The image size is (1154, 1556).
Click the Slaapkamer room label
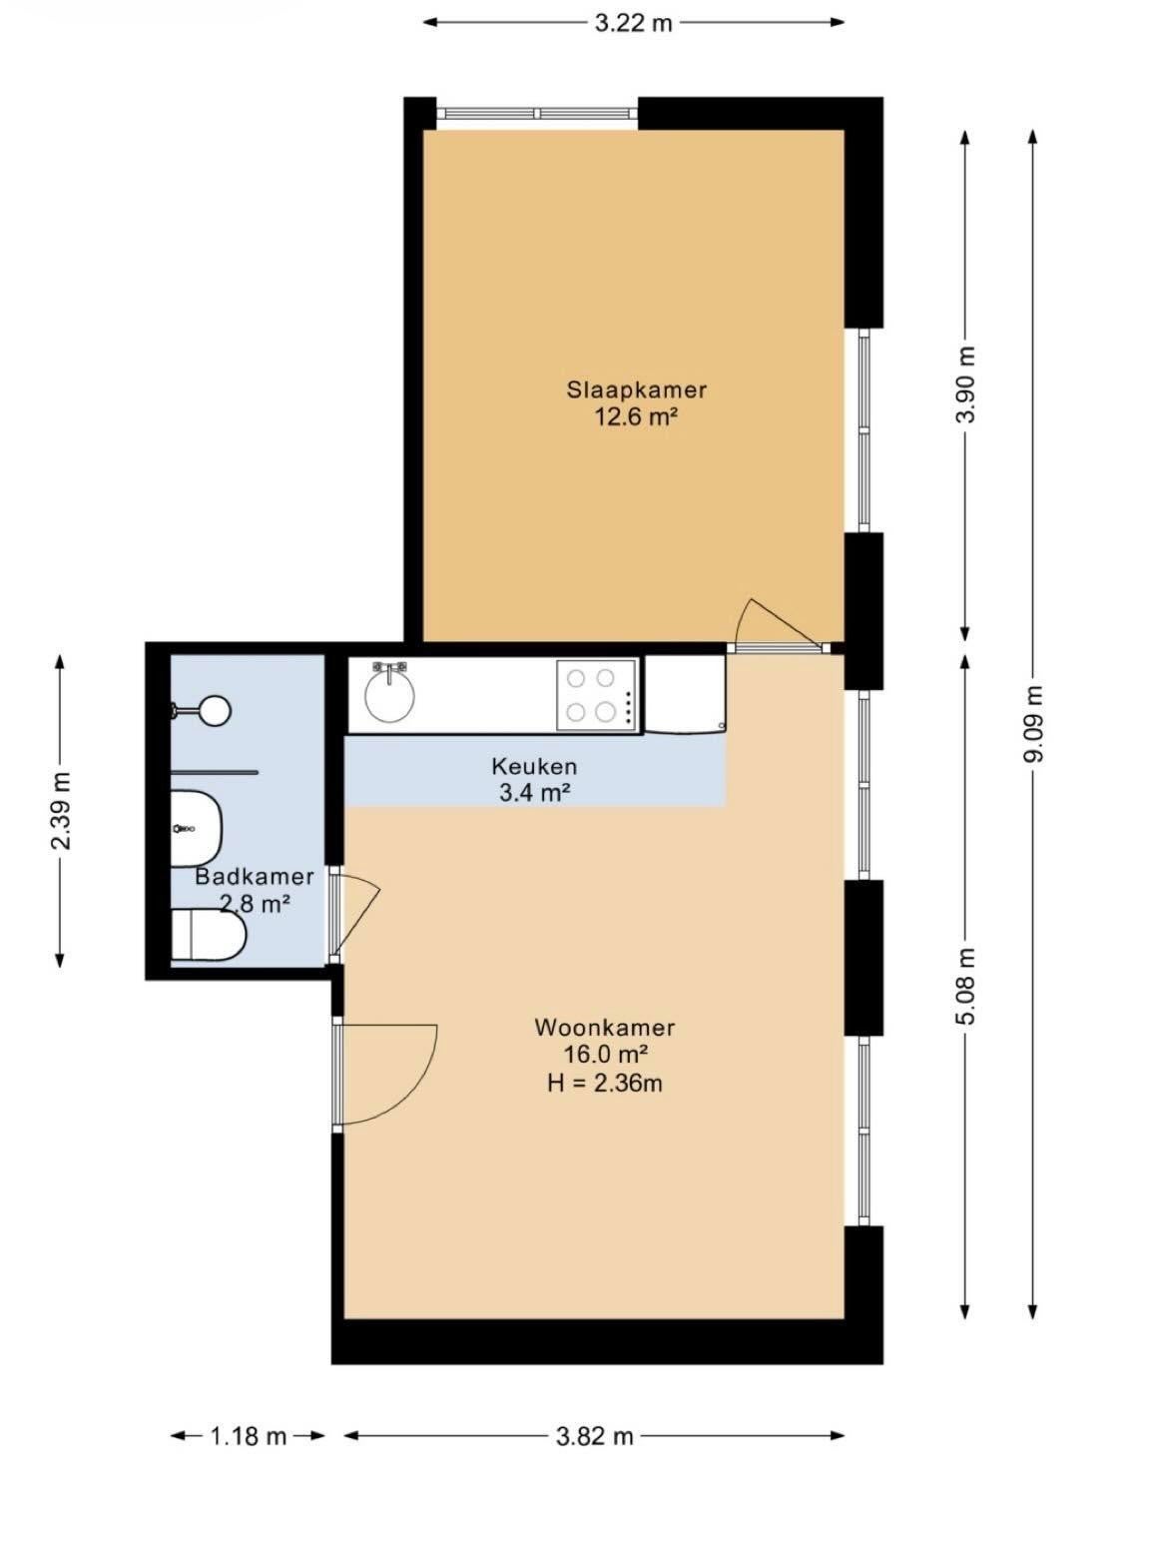click(636, 389)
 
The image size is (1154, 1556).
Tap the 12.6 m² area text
click(636, 418)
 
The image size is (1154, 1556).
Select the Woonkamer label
click(605, 1028)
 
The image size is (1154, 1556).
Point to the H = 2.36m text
click(605, 1084)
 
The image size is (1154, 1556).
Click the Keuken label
click(534, 766)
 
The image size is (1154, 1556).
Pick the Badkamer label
click(254, 876)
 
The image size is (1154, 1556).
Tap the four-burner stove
click(596, 696)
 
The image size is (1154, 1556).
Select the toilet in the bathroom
click(209, 935)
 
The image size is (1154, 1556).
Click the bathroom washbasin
click(197, 829)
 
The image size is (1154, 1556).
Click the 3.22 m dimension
click(633, 22)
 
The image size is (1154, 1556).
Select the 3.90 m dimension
click(966, 386)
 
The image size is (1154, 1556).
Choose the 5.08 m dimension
click(966, 988)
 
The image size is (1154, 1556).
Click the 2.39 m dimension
click(60, 811)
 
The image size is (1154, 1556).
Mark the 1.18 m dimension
click(249, 1436)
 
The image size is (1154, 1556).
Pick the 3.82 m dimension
click(594, 1436)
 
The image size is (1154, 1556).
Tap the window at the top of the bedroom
click(537, 114)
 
